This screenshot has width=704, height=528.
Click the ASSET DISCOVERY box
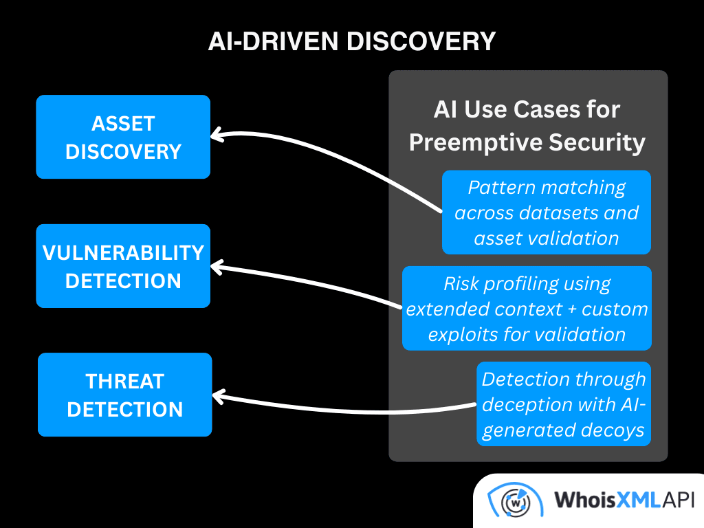pos(123,137)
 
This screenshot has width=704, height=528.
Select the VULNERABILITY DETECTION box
pos(123,266)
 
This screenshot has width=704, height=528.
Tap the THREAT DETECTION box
pos(125,395)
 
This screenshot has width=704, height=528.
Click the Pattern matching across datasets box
pos(547,212)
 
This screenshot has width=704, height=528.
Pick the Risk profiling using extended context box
pos(527,309)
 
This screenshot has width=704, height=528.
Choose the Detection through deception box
pos(564,404)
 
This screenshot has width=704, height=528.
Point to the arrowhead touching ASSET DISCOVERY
pos(217,135)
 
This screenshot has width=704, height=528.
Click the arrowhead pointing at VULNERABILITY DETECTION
pos(217,267)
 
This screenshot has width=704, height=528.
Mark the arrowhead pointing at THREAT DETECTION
pos(219,397)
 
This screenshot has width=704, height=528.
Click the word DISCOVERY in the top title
pos(421,41)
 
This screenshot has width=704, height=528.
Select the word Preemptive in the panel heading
pos(476,144)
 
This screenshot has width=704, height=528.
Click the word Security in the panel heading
pos(597,144)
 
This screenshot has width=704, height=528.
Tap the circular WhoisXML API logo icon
pos(516,501)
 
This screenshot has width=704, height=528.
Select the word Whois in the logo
pos(584,500)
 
